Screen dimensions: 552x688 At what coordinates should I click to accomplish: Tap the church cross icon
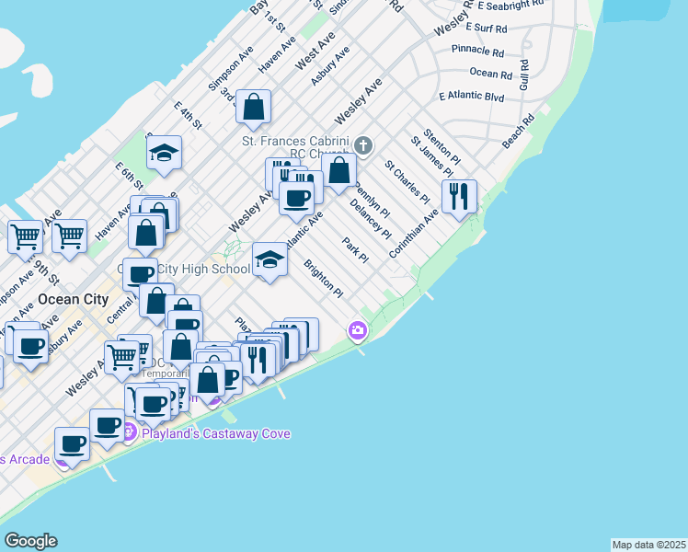tap(363, 145)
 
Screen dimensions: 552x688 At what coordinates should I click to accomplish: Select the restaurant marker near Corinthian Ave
tap(459, 196)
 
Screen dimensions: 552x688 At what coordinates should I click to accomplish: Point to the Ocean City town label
tap(74, 300)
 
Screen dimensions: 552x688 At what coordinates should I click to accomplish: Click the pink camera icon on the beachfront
tap(357, 330)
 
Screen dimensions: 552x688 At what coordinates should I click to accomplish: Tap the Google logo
tap(30, 541)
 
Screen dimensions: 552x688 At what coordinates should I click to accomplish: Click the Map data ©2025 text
tap(648, 545)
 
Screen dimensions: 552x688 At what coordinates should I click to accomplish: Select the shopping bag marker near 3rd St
tap(253, 107)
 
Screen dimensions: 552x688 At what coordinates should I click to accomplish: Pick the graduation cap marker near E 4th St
tap(164, 153)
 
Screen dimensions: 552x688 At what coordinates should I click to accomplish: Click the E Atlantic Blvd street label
tap(472, 97)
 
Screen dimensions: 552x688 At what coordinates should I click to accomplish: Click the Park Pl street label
tap(355, 251)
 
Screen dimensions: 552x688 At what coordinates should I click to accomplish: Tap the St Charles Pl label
tap(407, 182)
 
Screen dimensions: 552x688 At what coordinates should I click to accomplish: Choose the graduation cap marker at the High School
tap(269, 261)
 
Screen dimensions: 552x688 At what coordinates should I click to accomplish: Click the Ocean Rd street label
tap(490, 74)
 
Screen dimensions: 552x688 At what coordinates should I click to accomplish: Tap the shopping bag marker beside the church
tap(339, 170)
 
